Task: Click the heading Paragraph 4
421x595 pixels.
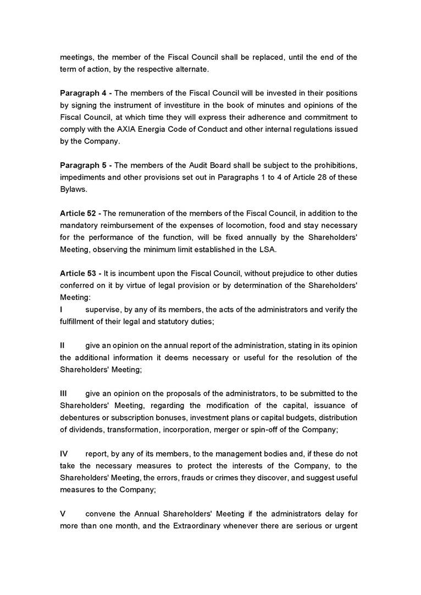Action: [82, 93]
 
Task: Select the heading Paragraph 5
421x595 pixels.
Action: [82, 165]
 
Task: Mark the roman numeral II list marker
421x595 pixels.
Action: [63, 346]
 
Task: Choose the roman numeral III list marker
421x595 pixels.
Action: [63, 394]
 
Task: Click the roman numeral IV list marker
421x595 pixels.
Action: [64, 454]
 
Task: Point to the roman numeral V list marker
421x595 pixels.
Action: [63, 514]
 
